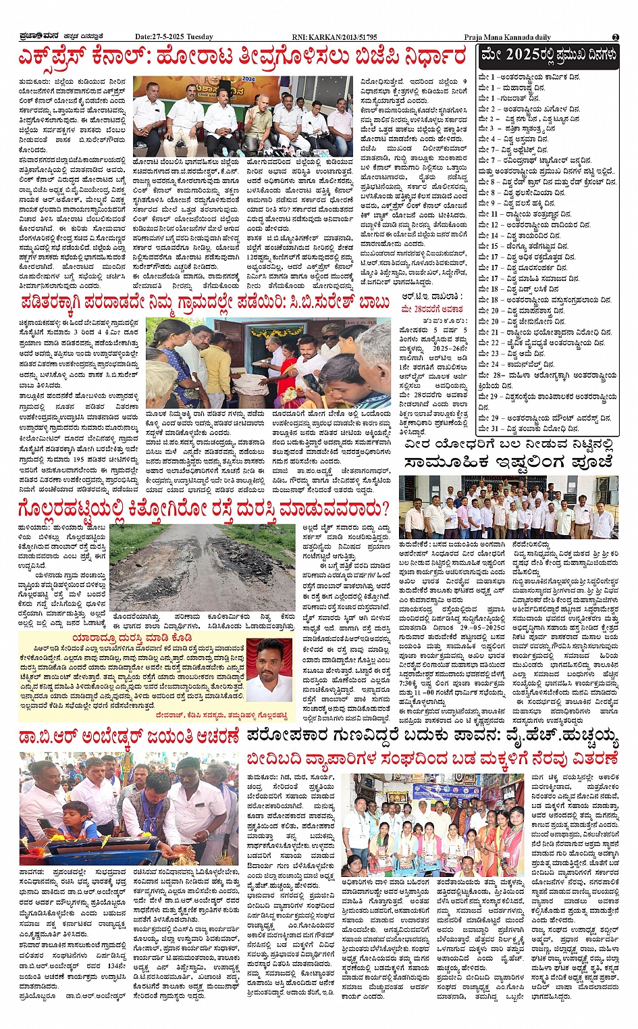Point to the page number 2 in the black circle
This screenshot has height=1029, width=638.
point(615,37)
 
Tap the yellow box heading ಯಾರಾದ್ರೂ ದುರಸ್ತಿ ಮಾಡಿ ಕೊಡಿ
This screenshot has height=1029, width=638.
point(132,637)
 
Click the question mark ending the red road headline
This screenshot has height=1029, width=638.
point(385,508)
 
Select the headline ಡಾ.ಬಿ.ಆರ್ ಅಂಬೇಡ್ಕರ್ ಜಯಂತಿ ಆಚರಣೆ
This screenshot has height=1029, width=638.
point(129,736)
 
